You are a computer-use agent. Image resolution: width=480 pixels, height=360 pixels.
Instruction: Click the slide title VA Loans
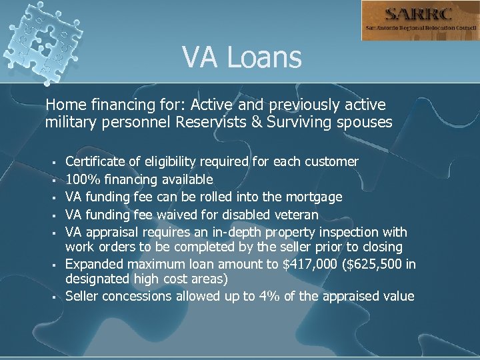coord(242,57)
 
